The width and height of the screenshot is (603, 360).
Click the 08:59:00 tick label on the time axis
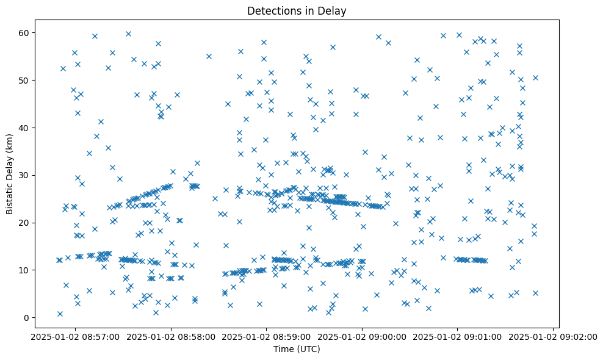(266, 336)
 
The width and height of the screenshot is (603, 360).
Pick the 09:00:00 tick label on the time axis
(362, 336)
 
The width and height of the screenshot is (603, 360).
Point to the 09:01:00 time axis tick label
(458, 336)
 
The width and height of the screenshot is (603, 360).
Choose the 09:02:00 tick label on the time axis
(554, 336)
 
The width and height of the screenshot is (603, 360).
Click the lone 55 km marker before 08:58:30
(209, 56)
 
